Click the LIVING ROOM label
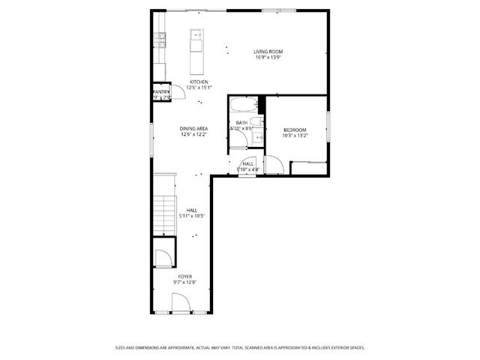click(268, 51)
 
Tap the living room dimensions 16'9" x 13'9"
click(268, 57)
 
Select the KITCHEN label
click(198, 82)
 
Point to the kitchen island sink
click(196, 34)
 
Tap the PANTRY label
click(161, 91)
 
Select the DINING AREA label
click(193, 129)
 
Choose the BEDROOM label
click(294, 130)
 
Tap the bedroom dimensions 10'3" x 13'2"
click(294, 136)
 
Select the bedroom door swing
click(274, 163)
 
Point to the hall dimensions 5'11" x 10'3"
click(192, 216)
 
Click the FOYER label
click(184, 276)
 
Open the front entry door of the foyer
click(180, 304)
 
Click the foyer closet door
click(161, 259)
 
